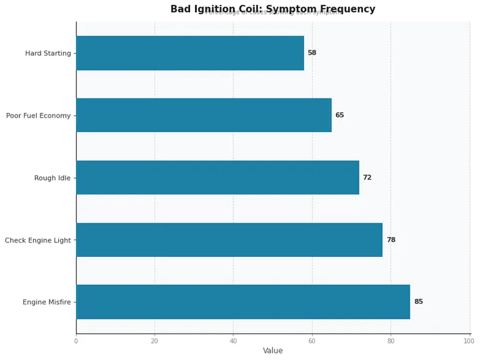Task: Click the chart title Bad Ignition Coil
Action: (272, 9)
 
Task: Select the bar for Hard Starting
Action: (190, 53)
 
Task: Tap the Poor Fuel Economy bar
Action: (203, 115)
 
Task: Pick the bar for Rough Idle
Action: (217, 178)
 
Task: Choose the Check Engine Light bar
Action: (229, 240)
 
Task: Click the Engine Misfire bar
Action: (243, 302)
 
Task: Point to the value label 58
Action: (312, 53)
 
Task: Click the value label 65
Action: (340, 115)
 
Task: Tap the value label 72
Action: (367, 178)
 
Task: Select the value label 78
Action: (391, 240)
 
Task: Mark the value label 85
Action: (418, 302)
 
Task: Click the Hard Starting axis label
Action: (48, 53)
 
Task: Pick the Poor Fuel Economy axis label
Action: (38, 116)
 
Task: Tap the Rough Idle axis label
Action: (52, 178)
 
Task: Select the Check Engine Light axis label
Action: (38, 241)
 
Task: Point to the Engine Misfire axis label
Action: (47, 302)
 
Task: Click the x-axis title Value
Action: (272, 351)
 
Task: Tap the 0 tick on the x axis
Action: (76, 341)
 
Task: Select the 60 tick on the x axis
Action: (312, 341)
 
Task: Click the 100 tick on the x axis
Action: (469, 341)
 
